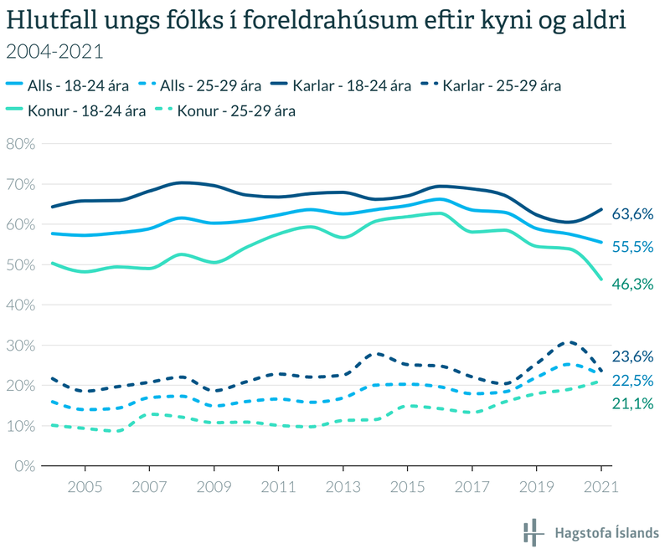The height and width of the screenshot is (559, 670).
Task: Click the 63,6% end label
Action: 632,214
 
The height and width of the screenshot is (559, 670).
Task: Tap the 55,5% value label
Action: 632,248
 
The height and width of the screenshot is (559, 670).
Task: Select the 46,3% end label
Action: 632,284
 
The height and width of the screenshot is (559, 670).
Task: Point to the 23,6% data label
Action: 632,356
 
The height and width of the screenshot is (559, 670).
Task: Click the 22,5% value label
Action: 632,381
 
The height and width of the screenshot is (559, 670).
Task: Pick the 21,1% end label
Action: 632,405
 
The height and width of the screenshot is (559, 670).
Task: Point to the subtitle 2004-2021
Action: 54,52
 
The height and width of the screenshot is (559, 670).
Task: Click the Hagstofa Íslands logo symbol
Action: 531,532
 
